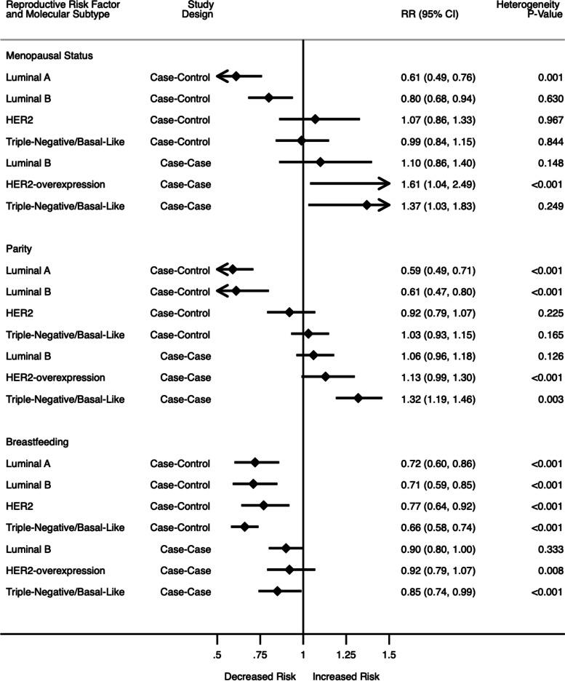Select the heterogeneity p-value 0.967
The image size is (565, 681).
[545, 119]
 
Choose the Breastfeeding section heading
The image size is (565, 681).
[33, 442]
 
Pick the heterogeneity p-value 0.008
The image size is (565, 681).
[545, 570]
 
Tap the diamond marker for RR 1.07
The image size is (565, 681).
[315, 119]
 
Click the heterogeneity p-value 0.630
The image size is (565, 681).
[545, 98]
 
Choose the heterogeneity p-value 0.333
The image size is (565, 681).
[545, 549]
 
